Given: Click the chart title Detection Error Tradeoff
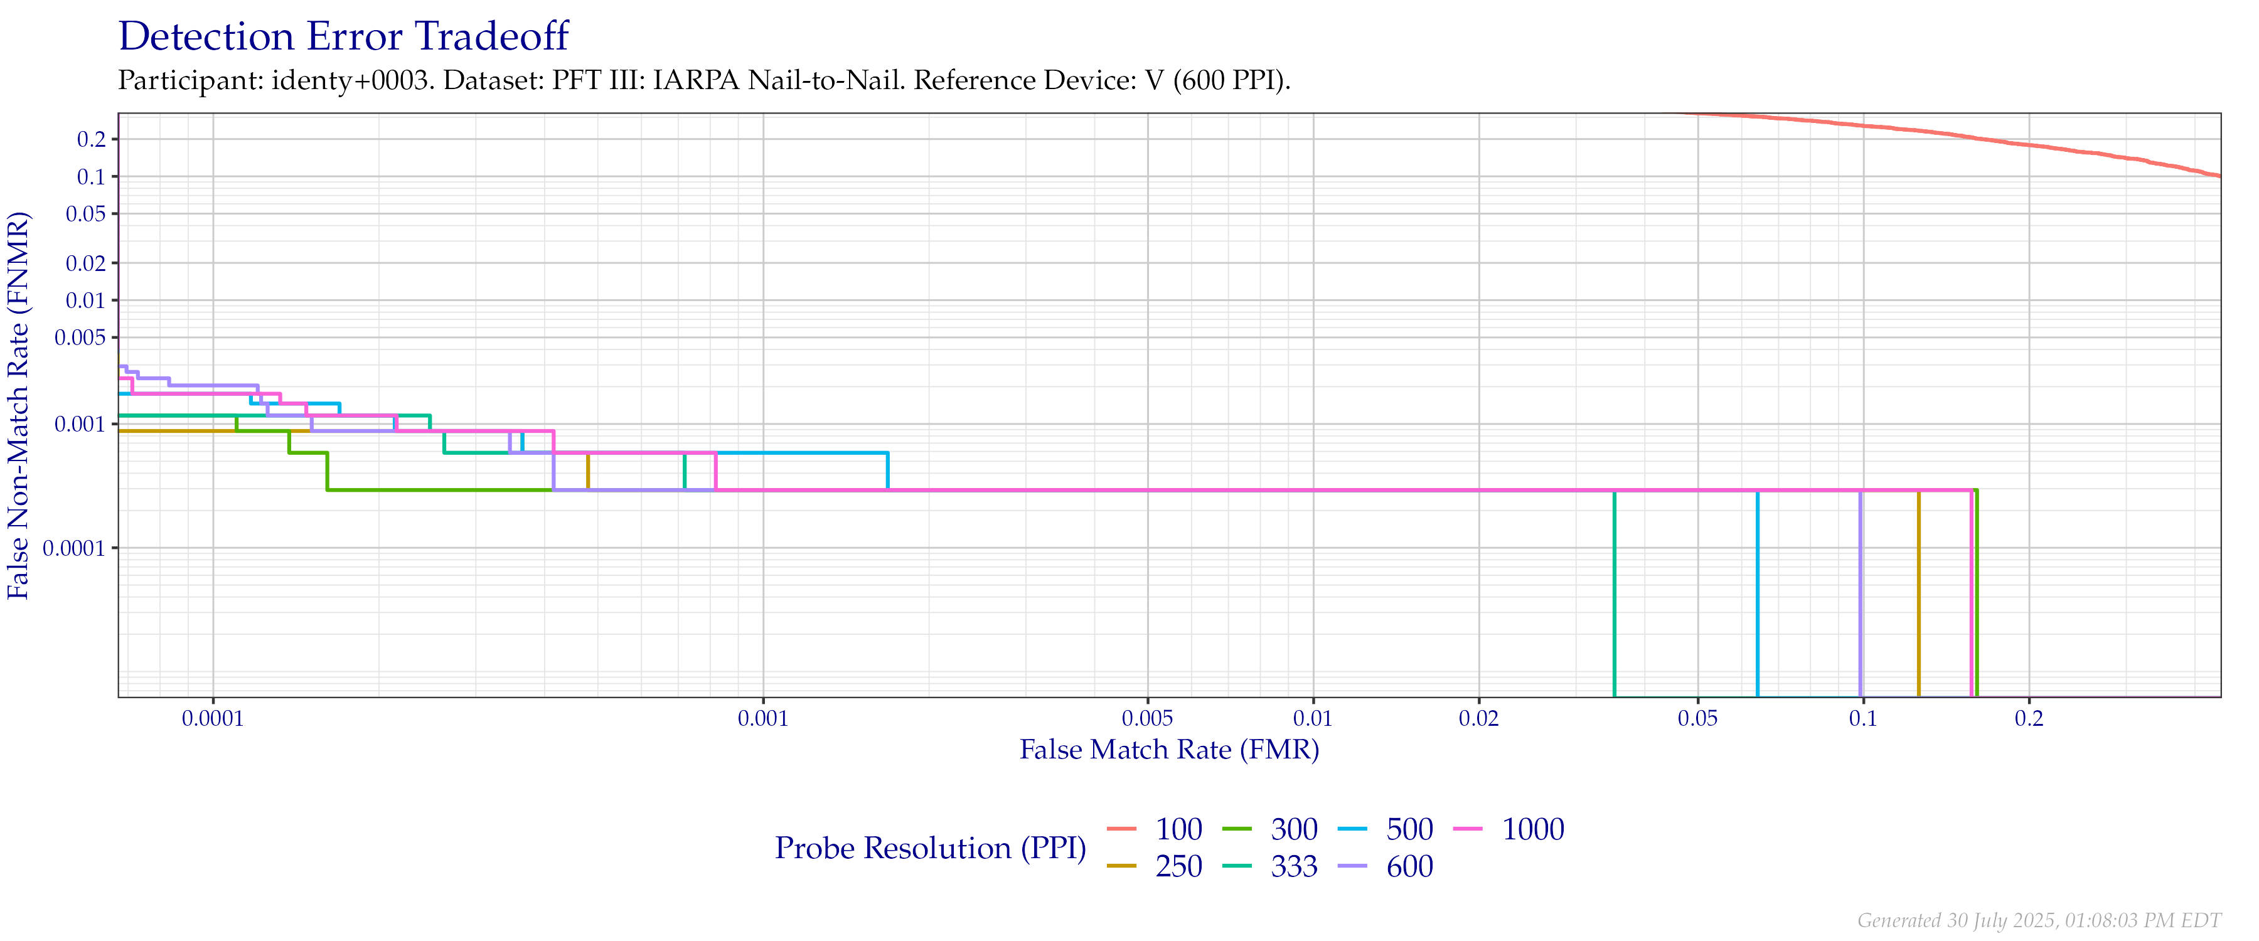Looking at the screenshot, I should tap(344, 38).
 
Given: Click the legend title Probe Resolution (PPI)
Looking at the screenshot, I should tap(931, 848).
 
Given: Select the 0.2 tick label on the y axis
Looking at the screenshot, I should tap(91, 139).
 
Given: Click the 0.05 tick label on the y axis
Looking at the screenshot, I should tap(86, 214).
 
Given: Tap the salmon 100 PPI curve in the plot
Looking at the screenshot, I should tap(1930, 132).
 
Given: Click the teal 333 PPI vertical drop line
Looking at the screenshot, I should tap(1615, 597).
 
